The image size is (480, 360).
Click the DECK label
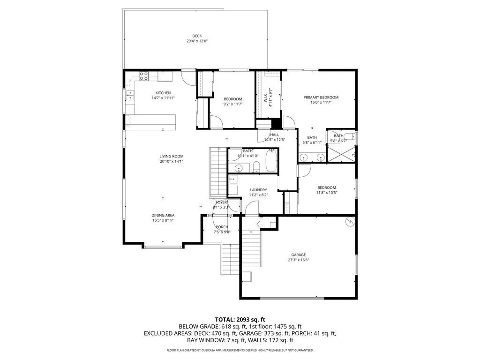(196, 36)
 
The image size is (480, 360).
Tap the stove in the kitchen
(144, 76)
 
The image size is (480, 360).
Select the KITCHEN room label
(163, 93)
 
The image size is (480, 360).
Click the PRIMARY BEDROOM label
(321, 97)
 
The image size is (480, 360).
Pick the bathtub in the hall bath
(271, 160)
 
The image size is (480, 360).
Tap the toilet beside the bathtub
(256, 165)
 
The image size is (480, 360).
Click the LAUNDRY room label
(258, 190)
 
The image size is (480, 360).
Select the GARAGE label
(298, 255)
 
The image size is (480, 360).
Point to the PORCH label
(222, 227)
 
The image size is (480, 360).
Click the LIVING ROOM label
(171, 156)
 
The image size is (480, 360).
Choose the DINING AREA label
(163, 215)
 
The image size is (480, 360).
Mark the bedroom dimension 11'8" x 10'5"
(326, 192)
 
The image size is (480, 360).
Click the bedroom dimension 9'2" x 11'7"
(232, 104)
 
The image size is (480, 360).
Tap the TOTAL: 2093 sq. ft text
(240, 319)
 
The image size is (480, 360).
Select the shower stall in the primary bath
(340, 154)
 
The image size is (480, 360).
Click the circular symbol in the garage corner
(349, 222)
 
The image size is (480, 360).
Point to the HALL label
(274, 135)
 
